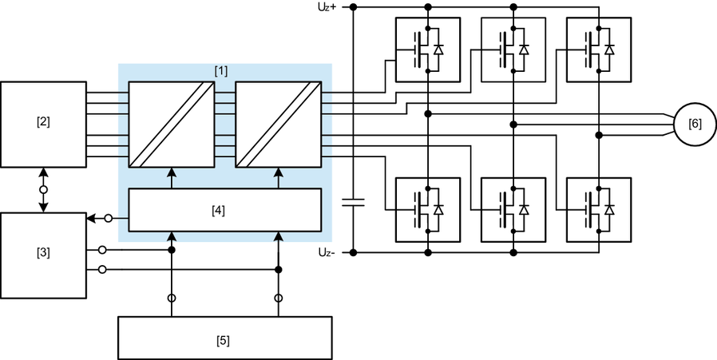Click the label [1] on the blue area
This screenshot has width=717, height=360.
221,71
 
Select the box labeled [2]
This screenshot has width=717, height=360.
43,124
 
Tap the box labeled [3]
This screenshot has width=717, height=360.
43,255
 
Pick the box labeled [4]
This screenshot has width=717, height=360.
224,210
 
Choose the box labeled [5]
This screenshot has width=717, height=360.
224,338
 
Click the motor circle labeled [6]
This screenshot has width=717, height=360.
695,125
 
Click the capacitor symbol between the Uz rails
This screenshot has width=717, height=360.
353,203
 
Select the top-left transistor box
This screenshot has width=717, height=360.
428,49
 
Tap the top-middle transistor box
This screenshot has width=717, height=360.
513,49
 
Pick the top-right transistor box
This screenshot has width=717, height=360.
598,49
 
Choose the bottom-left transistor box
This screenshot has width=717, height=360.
428,209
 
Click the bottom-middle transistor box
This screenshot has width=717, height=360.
513,209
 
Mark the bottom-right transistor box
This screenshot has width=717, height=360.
598,209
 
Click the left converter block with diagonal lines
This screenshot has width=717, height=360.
172,124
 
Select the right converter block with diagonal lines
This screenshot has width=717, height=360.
278,124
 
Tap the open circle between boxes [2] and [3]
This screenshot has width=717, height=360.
43,190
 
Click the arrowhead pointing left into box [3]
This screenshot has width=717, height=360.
90,218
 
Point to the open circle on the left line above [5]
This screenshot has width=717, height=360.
172,299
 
